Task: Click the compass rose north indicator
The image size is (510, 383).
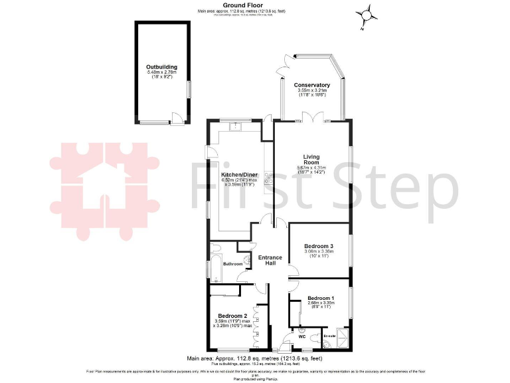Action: (x=365, y=15)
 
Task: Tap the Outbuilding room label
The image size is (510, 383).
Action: (x=161, y=66)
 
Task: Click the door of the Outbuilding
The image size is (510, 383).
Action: (x=175, y=118)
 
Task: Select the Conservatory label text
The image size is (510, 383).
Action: (x=311, y=85)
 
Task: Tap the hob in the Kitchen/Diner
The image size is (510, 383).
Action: (x=268, y=178)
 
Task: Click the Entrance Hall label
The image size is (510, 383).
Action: (x=270, y=261)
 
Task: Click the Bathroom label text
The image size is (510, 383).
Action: (x=233, y=265)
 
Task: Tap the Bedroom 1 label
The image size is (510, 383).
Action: (x=320, y=297)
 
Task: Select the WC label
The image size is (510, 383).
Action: (x=301, y=336)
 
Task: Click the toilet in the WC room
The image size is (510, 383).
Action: (x=302, y=328)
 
